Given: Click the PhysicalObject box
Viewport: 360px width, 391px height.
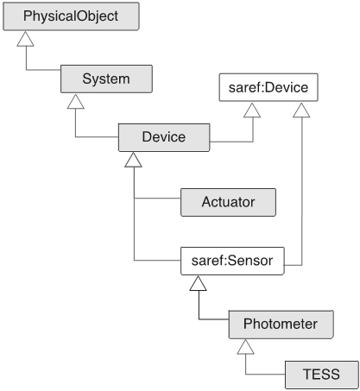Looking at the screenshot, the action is (71, 16).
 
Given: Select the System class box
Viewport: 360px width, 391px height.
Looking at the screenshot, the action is (106, 79).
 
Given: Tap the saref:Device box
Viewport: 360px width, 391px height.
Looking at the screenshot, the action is (268, 87).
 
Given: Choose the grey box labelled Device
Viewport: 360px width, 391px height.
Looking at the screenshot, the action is (164, 137).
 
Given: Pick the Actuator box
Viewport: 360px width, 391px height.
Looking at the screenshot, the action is (228, 202).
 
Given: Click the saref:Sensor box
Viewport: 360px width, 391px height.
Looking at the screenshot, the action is (232, 261).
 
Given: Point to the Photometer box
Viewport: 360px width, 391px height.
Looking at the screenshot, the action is (281, 325).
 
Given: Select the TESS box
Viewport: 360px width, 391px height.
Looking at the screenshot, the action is (322, 375).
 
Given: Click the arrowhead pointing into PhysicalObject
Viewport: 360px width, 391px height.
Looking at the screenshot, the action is (25, 39).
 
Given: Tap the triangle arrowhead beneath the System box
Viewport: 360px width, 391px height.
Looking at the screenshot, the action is (76, 102).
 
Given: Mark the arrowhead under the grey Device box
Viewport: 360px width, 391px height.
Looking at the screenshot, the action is (133, 160).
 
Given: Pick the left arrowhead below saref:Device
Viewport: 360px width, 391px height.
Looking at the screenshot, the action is (252, 110).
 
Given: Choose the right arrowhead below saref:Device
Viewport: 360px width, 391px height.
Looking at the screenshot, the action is (301, 110).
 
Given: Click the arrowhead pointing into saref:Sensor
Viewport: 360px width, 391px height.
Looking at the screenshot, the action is (198, 283).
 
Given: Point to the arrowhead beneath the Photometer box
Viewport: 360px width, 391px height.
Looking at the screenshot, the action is (245, 347).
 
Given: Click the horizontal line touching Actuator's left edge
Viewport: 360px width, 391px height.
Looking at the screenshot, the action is (157, 199).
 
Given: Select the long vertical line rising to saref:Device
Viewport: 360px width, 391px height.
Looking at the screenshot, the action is (302, 192).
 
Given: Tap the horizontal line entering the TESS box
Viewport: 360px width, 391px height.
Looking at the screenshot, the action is (265, 375).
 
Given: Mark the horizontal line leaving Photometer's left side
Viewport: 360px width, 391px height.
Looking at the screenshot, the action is (214, 319).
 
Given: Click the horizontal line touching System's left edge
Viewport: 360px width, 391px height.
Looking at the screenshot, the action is (43, 70).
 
